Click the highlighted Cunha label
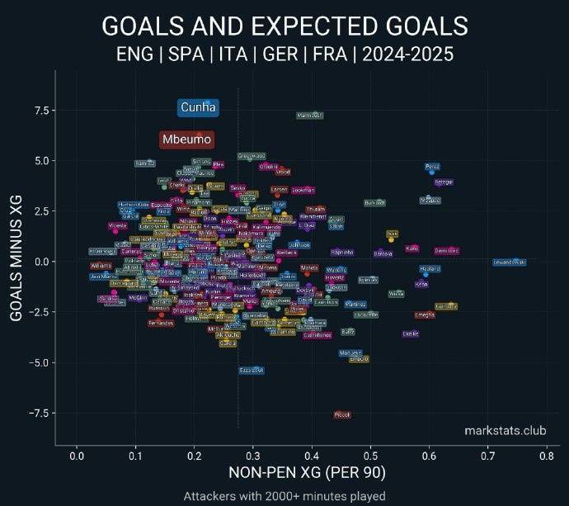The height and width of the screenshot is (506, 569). pos(198,107)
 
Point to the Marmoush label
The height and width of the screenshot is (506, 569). pos(310,116)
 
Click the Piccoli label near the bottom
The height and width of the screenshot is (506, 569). pos(342,414)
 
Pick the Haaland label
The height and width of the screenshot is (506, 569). pos(430,269)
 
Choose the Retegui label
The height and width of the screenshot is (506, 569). pos(444,182)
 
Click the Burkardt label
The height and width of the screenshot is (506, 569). pos(375,202)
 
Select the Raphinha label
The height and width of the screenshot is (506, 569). pos(341,253)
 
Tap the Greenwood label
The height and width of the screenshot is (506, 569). pos(252,156)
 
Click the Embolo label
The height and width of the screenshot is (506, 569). pos(359,359)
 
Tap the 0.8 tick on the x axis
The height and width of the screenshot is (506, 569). pos(547,456)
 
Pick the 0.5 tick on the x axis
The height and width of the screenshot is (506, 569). pos(370,456)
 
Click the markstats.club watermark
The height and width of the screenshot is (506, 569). pos(505,431)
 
